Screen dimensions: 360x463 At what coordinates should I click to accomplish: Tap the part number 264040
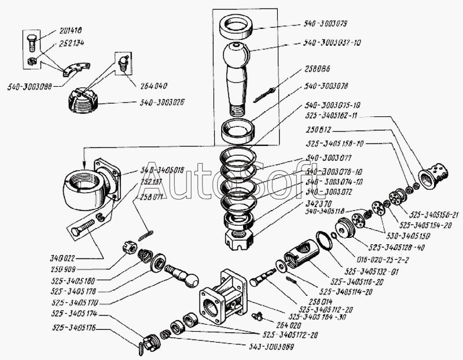click(x=153, y=85)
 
